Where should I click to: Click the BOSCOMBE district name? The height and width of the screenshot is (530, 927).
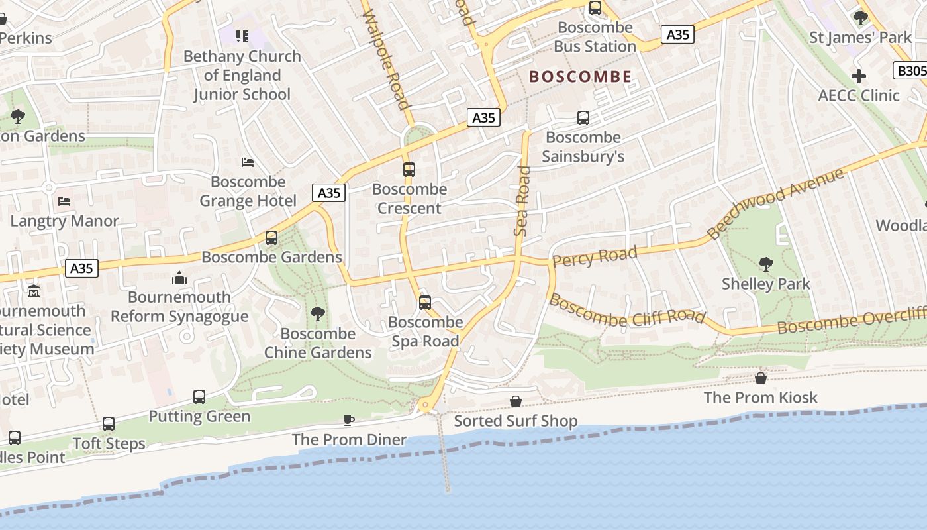click(580, 77)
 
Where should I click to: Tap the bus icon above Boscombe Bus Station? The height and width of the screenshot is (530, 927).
click(595, 8)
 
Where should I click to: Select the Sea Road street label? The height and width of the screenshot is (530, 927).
click(522, 201)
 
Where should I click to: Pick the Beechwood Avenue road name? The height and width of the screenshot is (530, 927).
click(776, 203)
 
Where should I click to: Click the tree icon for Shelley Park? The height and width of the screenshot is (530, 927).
click(765, 264)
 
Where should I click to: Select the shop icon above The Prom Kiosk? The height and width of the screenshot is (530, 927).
click(761, 378)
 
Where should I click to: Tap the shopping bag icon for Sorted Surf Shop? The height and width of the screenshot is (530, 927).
click(516, 401)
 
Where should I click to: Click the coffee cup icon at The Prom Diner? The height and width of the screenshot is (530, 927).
click(349, 420)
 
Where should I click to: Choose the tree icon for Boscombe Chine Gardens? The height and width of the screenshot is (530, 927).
click(318, 314)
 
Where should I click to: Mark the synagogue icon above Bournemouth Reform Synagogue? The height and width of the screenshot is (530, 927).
click(179, 278)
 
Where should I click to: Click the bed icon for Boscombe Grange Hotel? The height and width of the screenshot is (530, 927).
click(248, 162)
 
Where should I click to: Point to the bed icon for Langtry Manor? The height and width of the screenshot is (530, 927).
click(64, 201)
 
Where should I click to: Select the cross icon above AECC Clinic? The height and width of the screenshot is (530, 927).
click(858, 76)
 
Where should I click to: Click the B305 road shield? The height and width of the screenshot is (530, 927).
click(911, 70)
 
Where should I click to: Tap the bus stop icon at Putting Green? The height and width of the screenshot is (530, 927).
click(199, 397)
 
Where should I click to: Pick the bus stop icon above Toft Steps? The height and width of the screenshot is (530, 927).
click(109, 424)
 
